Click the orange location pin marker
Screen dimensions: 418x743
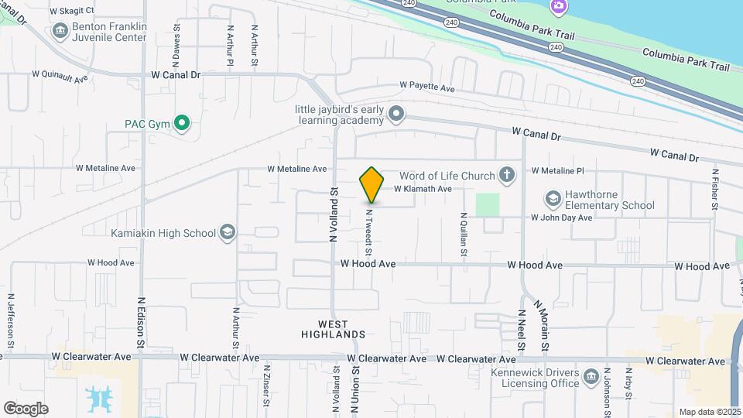(x=371, y=184)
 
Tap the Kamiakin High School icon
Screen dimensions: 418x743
(x=228, y=233)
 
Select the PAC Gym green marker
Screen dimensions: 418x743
(x=182, y=123)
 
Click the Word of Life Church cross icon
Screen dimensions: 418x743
(x=507, y=174)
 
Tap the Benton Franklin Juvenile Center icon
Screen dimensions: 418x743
(x=60, y=31)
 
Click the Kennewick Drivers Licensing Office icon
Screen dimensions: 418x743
(x=591, y=377)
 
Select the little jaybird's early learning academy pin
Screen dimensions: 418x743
(x=396, y=115)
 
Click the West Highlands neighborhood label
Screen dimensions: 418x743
(x=333, y=329)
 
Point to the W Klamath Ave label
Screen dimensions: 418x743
(x=423, y=189)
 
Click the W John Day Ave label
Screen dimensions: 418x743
(x=561, y=218)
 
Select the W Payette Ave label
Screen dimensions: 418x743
(x=426, y=88)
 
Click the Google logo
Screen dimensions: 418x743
(x=26, y=408)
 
